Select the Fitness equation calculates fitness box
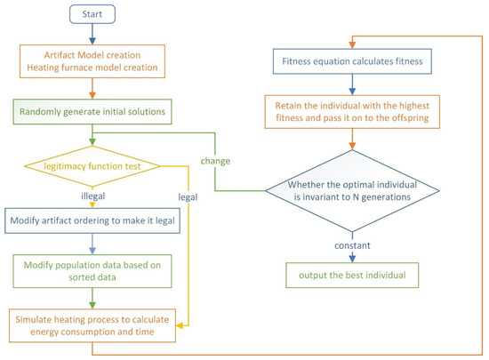(x=353, y=61)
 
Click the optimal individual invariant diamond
(x=353, y=190)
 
